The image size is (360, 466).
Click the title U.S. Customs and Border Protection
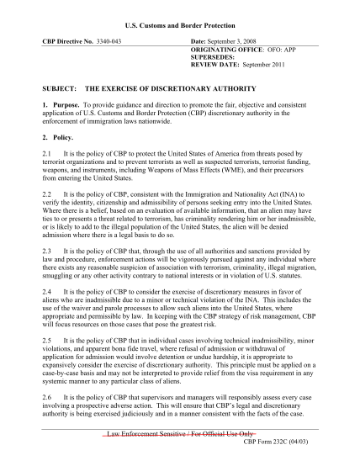pyautogui.click(x=180, y=18)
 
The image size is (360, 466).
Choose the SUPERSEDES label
pyautogui.click(x=214, y=58)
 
